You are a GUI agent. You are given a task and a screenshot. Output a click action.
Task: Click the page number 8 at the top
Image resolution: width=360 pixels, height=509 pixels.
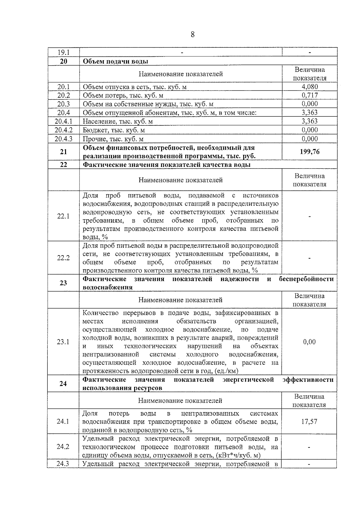pos(192,35)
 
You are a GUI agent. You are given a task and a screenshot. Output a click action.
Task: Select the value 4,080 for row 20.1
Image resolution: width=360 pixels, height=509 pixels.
pos(310,87)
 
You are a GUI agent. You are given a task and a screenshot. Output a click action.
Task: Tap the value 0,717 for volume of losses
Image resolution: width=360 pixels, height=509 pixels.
pos(310,95)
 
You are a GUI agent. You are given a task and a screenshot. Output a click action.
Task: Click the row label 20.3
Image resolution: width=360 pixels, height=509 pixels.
pos(63,104)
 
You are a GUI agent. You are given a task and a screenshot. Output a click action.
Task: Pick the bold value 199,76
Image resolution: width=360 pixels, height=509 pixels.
pos(310,151)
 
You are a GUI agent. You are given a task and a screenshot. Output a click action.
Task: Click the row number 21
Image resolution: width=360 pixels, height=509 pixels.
pos(63,152)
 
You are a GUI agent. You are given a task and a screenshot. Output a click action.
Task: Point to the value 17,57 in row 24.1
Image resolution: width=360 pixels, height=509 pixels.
pos(309,421)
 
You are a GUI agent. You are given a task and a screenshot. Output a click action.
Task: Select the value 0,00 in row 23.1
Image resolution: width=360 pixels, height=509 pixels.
pos(309,342)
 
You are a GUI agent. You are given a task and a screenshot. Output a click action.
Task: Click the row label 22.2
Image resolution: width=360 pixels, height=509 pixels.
pos(63,258)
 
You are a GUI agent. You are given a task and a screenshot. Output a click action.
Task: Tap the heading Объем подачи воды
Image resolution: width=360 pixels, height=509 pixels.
pos(115,61)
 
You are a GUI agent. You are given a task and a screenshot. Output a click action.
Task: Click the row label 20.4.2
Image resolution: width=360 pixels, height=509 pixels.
pos(63,130)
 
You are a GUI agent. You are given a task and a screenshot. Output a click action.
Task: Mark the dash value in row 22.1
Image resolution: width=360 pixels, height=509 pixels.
pos(309,216)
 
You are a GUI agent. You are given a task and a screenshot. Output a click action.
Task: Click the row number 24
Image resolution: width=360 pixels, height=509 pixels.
pos(63,384)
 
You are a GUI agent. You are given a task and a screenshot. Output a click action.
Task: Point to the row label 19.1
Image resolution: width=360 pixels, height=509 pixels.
pos(63,52)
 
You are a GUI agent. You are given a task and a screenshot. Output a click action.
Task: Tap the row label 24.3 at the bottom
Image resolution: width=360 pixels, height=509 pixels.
pos(63,464)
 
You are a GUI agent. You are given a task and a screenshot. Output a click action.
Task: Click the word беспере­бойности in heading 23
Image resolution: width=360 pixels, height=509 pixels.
pos(306,279)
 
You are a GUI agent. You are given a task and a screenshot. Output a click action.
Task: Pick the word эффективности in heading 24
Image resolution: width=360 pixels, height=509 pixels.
pos(308,380)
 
